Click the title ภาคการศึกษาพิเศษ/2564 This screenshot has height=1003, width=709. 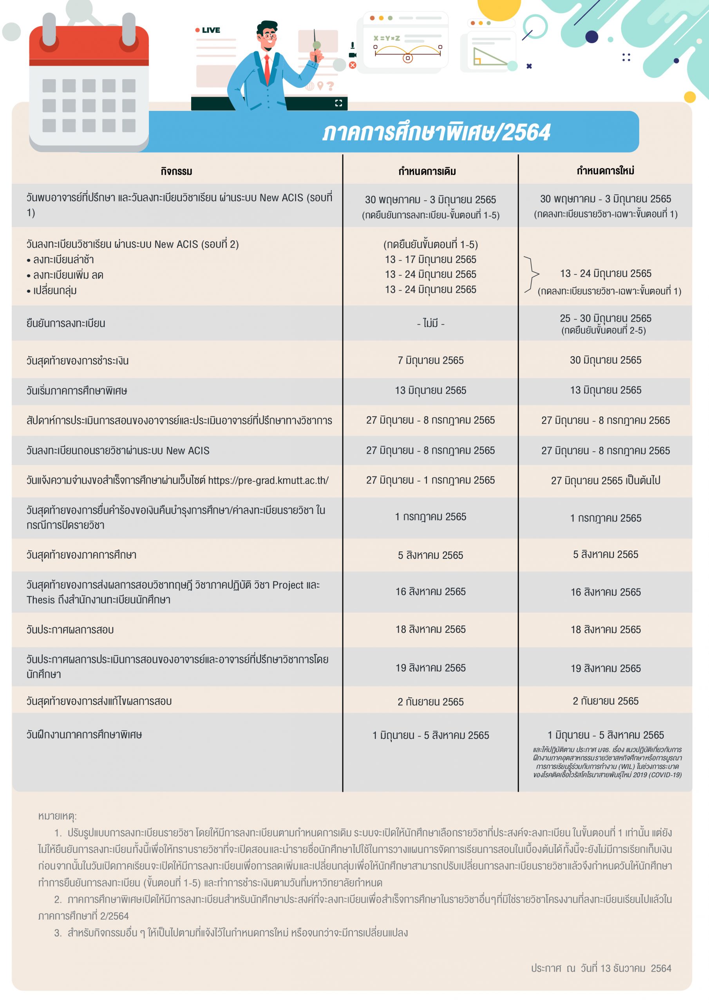(436, 132)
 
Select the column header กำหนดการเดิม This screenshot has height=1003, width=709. (427, 171)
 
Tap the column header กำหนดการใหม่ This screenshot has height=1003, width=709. (605, 170)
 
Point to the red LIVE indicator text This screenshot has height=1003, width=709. (211, 30)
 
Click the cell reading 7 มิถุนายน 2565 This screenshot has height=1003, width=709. (430, 360)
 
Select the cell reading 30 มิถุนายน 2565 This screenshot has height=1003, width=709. (606, 360)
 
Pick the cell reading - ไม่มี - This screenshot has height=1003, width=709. (430, 323)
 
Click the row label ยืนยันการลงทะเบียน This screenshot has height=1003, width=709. (65, 324)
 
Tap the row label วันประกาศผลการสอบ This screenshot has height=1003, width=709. (70, 630)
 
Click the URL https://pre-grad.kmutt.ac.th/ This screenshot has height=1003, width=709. (268, 480)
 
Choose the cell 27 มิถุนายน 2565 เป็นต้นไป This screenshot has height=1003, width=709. (606, 480)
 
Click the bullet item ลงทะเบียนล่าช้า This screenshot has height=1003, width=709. (63, 259)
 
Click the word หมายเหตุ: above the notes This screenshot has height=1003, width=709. (57, 816)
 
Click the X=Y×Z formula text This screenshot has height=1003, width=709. (387, 38)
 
